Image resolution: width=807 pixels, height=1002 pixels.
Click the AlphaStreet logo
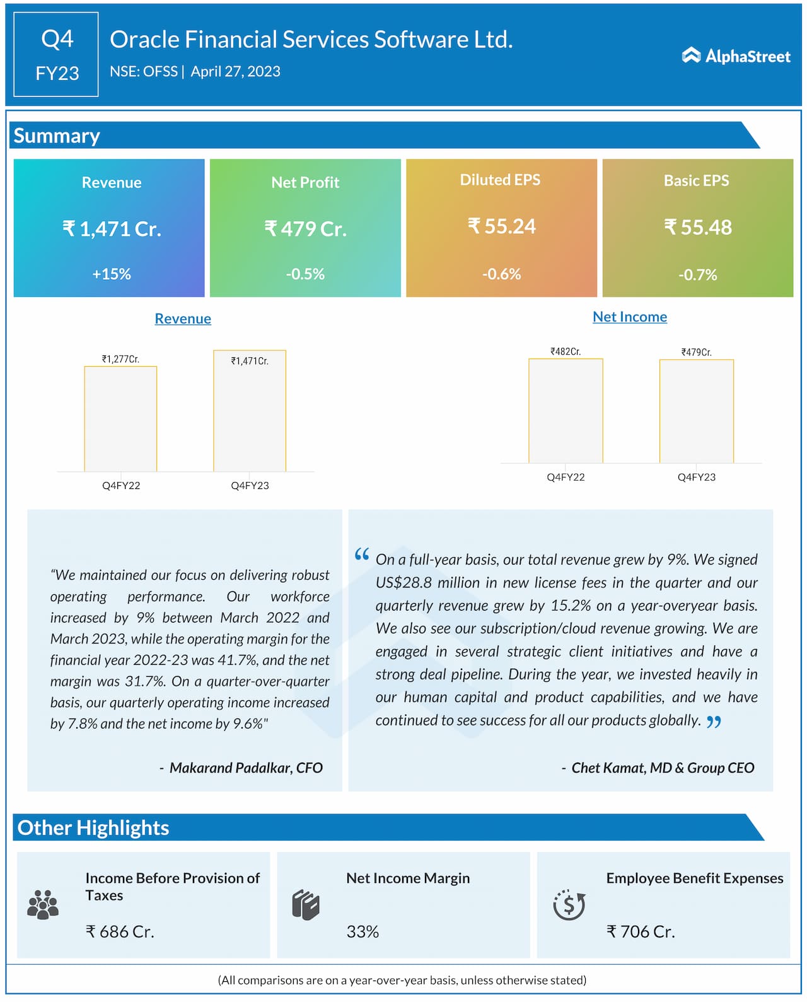(736, 56)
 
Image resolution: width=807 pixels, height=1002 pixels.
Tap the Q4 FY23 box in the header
(56, 55)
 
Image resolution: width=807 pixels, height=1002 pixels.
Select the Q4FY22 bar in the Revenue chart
(120, 419)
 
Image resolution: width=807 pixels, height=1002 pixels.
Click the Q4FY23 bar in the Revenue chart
(250, 411)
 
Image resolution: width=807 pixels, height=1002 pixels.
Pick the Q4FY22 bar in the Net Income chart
(566, 411)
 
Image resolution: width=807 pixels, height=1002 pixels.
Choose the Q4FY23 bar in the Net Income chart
(696, 412)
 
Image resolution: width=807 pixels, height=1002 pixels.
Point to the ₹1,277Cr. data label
(120, 359)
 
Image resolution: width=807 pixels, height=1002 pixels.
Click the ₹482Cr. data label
(566, 352)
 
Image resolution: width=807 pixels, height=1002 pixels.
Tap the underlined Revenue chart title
(183, 319)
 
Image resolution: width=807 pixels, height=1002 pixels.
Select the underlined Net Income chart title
(630, 317)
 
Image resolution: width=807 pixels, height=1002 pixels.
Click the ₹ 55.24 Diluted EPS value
(502, 226)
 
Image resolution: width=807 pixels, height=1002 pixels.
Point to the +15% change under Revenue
(112, 274)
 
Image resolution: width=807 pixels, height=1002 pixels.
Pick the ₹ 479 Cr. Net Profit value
(306, 228)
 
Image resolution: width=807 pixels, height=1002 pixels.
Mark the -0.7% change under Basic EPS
(698, 275)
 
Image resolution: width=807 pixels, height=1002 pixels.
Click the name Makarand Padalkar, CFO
(246, 768)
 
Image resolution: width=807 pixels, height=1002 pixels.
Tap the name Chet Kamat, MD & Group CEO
(663, 768)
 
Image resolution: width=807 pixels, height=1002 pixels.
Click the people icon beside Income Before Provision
(43, 905)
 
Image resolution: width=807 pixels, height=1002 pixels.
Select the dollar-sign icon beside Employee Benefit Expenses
(569, 905)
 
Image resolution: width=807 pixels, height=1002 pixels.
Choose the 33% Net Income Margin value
(363, 931)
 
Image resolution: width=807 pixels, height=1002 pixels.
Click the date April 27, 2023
(235, 72)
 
